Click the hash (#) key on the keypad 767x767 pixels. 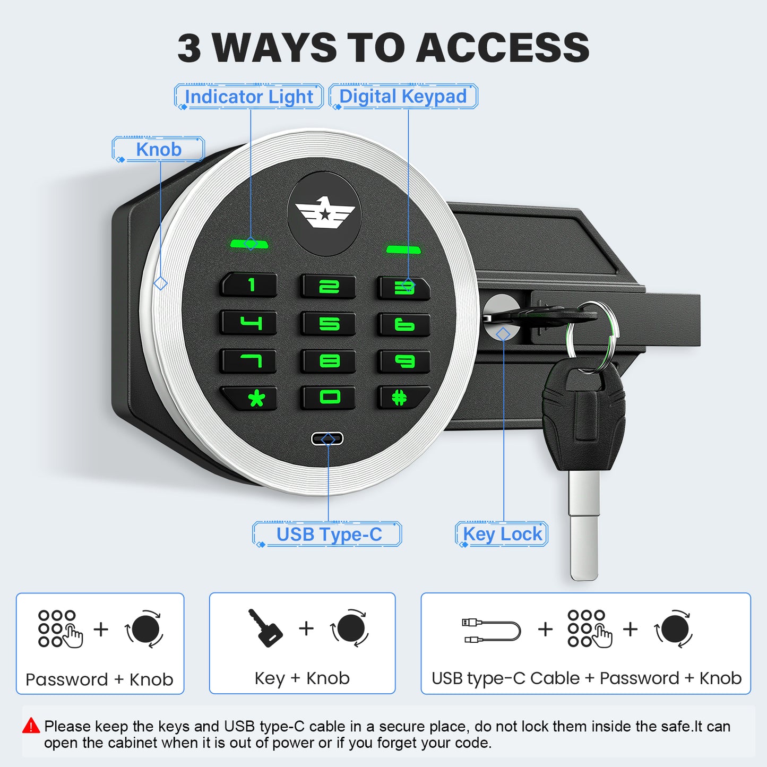pyautogui.click(x=403, y=397)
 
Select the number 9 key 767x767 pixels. pyautogui.click(x=404, y=360)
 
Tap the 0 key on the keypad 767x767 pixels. pyautogui.click(x=328, y=397)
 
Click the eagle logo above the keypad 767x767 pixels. pyautogui.click(x=324, y=213)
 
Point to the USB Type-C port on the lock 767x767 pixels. pyautogui.click(x=327, y=439)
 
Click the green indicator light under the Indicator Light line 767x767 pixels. pyautogui.click(x=249, y=244)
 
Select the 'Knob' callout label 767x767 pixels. pyautogui.click(x=158, y=149)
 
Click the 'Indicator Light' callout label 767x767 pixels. pyautogui.click(x=249, y=96)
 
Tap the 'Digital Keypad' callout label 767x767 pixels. pyautogui.click(x=403, y=96)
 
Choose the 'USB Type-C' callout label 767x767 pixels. pyautogui.click(x=327, y=534)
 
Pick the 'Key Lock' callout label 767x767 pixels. pyautogui.click(x=502, y=534)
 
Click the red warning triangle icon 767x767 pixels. pyautogui.click(x=31, y=726)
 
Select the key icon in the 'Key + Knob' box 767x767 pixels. pyautogui.click(x=265, y=628)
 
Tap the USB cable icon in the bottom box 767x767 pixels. pyautogui.click(x=491, y=630)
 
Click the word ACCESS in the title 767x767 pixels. pyautogui.click(x=503, y=48)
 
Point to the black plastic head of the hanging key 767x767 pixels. pyautogui.click(x=583, y=417)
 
